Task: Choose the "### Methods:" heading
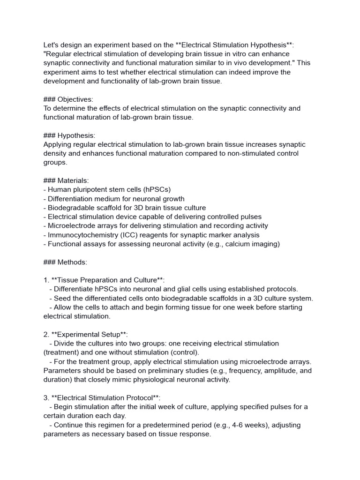coord(65,262)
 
